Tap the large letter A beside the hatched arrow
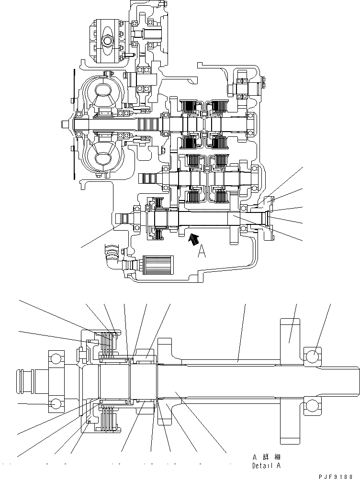[x=202, y=251]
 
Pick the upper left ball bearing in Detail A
[x=56, y=358]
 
